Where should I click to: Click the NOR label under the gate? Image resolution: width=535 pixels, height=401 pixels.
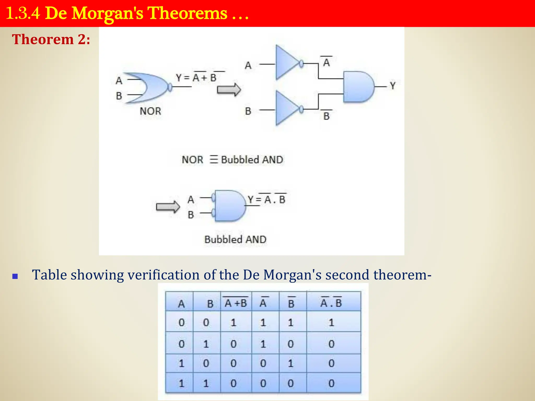point(150,111)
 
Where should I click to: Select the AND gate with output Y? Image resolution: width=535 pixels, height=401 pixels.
point(358,87)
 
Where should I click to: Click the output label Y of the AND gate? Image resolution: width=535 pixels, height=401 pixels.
point(393,86)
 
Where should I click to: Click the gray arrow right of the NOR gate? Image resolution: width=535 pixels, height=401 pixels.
point(229,90)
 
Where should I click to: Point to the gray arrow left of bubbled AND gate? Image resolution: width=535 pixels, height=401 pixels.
point(168,207)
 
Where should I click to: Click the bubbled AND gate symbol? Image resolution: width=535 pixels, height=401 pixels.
point(229,206)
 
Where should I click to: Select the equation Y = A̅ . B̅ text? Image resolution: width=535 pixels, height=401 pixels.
point(266,199)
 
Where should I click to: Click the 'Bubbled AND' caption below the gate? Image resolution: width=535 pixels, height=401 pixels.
point(235,239)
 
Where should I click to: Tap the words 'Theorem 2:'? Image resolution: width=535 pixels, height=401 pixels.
point(51,40)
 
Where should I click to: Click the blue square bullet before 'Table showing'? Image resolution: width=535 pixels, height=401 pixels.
point(15,276)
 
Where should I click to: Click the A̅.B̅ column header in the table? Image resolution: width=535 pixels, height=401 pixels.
point(331,303)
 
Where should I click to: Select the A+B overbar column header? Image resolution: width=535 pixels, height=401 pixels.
point(236,303)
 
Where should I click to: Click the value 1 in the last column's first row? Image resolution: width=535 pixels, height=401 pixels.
point(331,323)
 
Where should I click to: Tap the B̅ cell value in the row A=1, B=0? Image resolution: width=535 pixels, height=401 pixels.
point(290,363)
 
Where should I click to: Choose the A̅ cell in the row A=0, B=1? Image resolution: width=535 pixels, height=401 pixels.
point(263,344)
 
